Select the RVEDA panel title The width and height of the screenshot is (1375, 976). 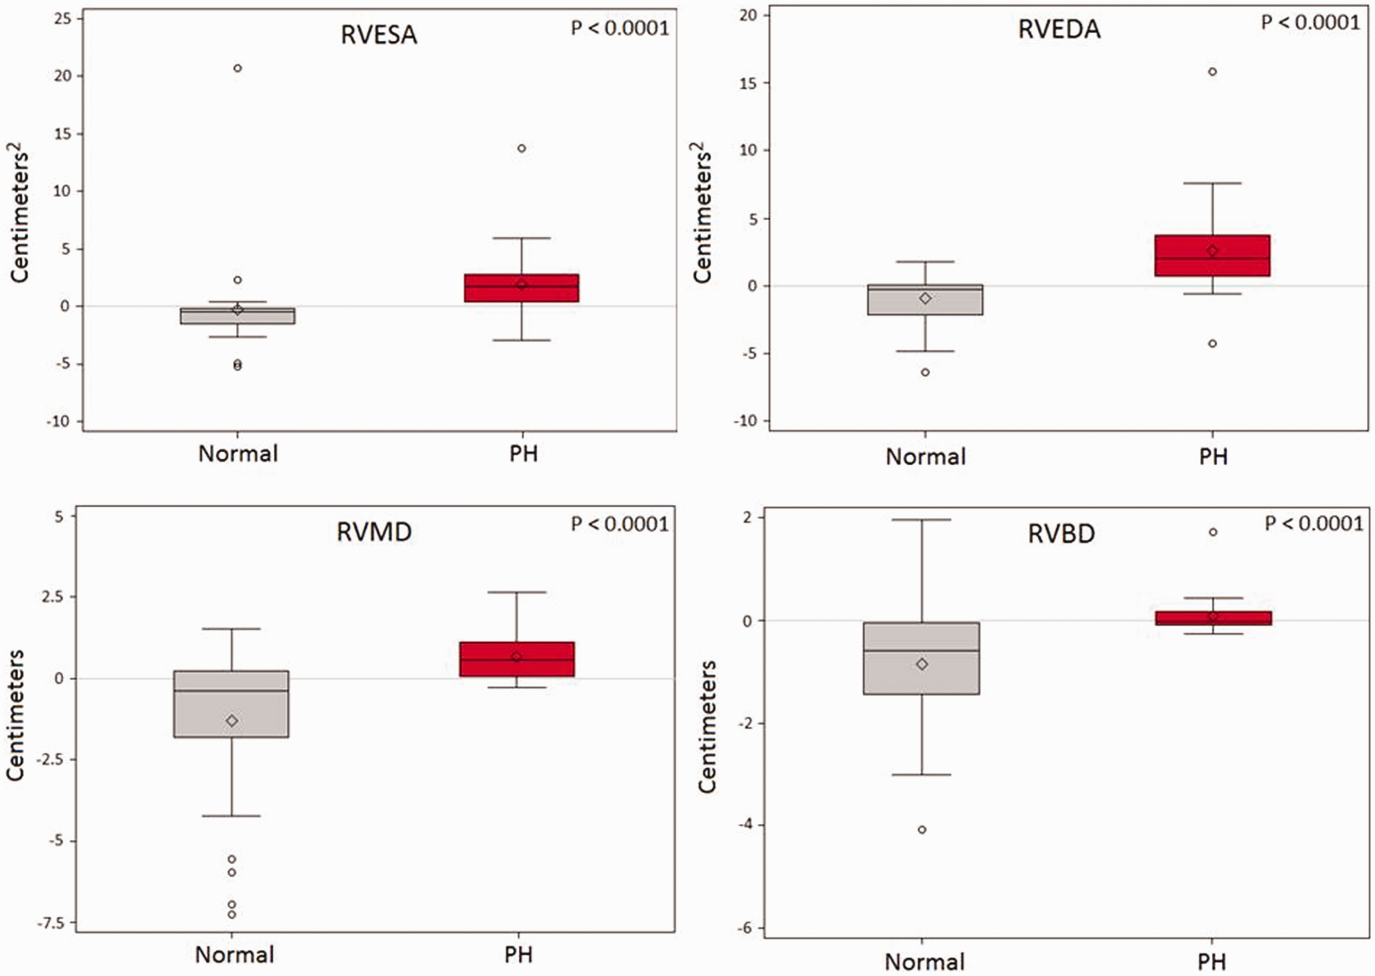1059,29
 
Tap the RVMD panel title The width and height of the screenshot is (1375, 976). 374,532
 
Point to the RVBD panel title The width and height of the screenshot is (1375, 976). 1061,534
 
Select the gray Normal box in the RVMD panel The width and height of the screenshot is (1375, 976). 231,704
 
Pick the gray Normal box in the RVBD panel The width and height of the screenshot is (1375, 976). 922,658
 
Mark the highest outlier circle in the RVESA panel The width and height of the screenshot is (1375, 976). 237,68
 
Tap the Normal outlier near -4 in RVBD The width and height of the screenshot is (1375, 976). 922,830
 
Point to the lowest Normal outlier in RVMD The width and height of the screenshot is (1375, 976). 232,915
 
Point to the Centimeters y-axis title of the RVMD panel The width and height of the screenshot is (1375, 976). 16,715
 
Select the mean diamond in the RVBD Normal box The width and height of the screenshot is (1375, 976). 922,664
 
